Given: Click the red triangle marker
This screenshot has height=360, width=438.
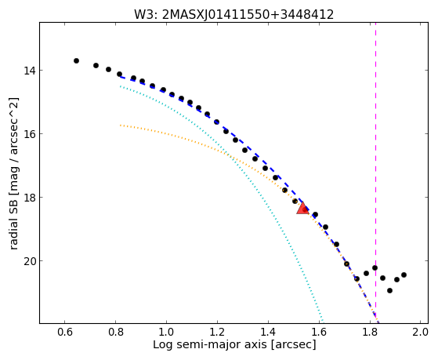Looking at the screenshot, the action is [x=302, y=209].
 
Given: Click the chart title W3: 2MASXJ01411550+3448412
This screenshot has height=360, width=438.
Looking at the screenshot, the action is [x=233, y=14].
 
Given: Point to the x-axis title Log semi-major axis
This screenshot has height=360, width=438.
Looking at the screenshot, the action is [x=210, y=344].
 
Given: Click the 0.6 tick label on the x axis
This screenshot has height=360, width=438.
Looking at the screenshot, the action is [x=65, y=332].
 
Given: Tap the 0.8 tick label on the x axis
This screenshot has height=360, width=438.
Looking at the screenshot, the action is [x=116, y=332].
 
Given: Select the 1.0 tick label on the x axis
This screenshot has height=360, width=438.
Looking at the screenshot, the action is [x=166, y=332].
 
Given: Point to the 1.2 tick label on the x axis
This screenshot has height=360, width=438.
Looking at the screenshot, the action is [x=217, y=332].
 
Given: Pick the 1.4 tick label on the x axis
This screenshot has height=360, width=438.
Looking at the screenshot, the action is [x=268, y=332].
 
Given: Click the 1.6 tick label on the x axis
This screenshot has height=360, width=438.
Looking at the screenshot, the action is [x=319, y=332].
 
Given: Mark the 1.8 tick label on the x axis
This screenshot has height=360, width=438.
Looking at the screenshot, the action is [x=370, y=332].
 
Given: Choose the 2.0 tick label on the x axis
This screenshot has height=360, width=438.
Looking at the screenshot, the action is [x=421, y=332].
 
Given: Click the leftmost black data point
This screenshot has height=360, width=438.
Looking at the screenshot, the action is [x=76, y=60].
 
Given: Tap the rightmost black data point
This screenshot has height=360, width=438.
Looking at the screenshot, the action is [x=404, y=275].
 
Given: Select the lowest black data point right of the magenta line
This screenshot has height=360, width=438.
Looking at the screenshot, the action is [x=389, y=291].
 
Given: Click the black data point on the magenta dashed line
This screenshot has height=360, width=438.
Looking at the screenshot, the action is [x=375, y=268].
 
